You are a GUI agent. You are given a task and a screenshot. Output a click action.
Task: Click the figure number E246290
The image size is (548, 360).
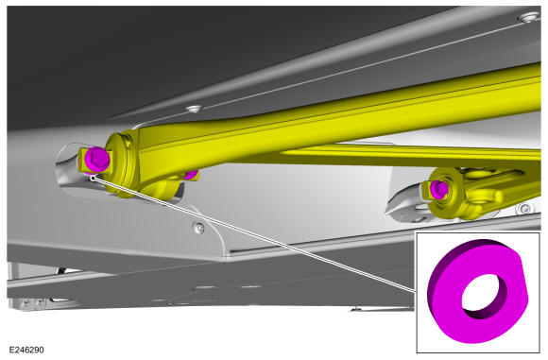pyautogui.click(x=26, y=350)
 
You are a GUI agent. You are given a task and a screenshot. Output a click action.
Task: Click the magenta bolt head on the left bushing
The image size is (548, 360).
pyautogui.click(x=96, y=160)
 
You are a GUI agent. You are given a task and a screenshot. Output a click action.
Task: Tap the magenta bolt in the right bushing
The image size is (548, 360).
pyautogui.click(x=439, y=189)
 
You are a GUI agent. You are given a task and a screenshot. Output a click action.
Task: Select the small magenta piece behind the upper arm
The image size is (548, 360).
pyautogui.click(x=192, y=174)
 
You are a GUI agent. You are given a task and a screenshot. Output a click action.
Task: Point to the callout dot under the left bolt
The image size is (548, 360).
pyautogui.click(x=93, y=178)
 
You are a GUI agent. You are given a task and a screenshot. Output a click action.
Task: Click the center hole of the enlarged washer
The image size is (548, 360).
pyautogui.click(x=485, y=293)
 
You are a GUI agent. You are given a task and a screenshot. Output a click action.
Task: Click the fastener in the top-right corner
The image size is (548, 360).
pyautogui.click(x=530, y=16)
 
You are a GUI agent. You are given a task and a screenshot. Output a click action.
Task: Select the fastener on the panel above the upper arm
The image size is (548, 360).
pyautogui.click(x=195, y=109)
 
